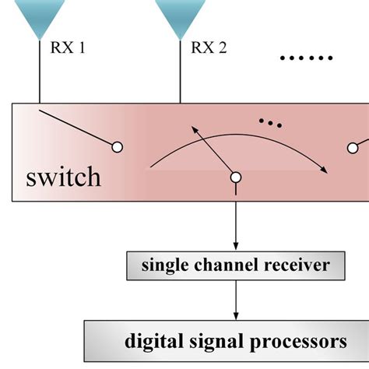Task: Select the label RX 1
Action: point(68,49)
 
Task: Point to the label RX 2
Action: point(209,49)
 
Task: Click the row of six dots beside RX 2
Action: point(306,58)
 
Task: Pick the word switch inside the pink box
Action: point(63,177)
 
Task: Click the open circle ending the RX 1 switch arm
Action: point(118,146)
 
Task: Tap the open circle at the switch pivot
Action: point(235,177)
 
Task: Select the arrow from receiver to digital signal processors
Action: point(235,299)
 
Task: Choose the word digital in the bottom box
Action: point(154,340)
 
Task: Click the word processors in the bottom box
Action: point(302,340)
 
